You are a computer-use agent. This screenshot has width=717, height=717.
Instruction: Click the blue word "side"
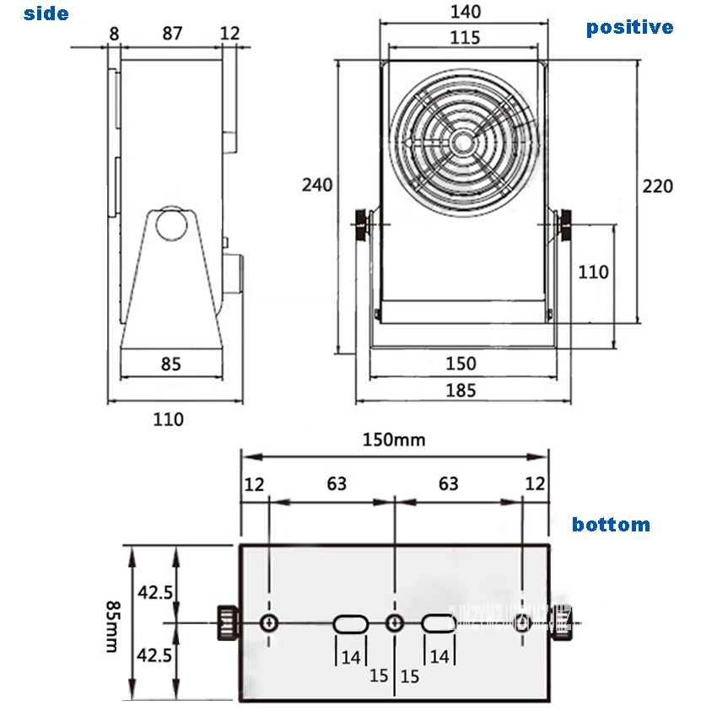(46, 13)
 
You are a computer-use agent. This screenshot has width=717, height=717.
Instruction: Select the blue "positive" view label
(629, 27)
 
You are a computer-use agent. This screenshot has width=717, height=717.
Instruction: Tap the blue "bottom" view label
(611, 525)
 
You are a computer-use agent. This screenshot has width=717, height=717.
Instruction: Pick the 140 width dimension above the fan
(465, 11)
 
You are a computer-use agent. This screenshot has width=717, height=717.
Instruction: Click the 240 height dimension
(317, 185)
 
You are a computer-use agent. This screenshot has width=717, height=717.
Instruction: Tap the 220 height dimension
(658, 186)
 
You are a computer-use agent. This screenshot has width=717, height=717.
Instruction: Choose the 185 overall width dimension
(461, 390)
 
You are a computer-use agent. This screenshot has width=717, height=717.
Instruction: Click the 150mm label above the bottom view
(394, 439)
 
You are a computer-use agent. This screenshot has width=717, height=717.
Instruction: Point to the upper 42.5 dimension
(156, 592)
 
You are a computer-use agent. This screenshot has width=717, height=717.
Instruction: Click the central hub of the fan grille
(464, 140)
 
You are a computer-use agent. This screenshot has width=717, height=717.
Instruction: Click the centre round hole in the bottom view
(394, 623)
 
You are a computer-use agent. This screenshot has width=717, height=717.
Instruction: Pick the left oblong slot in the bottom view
(349, 624)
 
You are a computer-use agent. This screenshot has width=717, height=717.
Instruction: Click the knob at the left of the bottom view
(226, 623)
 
